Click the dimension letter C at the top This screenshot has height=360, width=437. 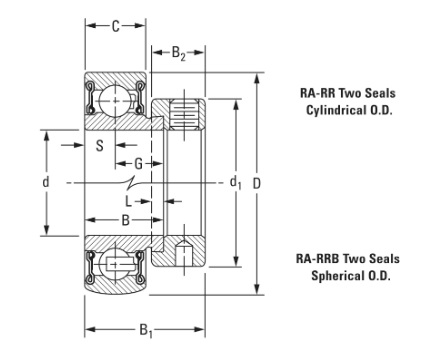pyautogui.click(x=115, y=26)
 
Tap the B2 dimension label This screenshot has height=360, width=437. pyautogui.click(x=178, y=53)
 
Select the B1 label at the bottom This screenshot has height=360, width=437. pyautogui.click(x=146, y=331)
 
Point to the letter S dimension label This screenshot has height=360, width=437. pyautogui.click(x=100, y=146)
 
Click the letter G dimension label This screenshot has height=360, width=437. pyautogui.click(x=138, y=164)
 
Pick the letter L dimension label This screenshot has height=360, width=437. pyautogui.click(x=128, y=201)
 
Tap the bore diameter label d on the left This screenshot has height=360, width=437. pyautogui.click(x=46, y=182)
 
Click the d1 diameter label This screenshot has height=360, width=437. pyautogui.click(x=235, y=183)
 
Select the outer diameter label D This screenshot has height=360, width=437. pyautogui.click(x=256, y=183)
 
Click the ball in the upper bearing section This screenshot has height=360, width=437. pyautogui.click(x=115, y=100)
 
